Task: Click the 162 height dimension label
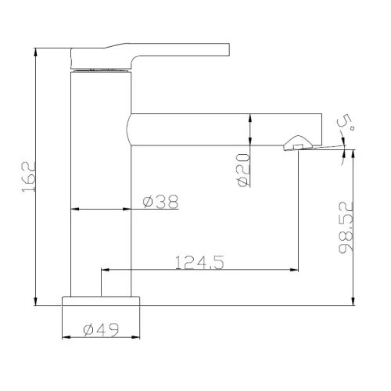point(28,177)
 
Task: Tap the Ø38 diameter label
point(161,202)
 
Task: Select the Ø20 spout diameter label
point(243,170)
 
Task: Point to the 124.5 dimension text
point(199,262)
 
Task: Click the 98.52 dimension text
point(346,228)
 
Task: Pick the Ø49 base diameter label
point(101,329)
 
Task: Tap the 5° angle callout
point(346,123)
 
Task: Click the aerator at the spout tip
point(297,143)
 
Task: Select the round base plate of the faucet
point(101,301)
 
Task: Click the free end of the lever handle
point(229,49)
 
